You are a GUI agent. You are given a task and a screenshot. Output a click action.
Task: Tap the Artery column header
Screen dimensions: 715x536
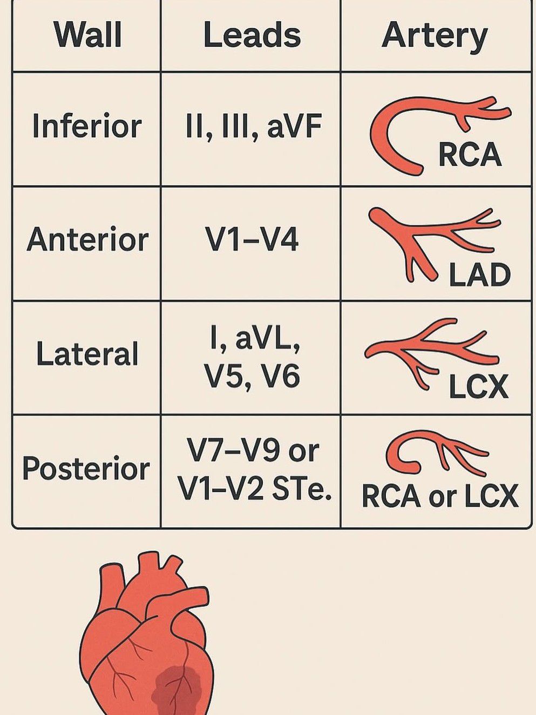pyautogui.click(x=435, y=36)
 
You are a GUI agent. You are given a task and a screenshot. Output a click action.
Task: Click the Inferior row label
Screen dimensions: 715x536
pyautogui.click(x=87, y=126)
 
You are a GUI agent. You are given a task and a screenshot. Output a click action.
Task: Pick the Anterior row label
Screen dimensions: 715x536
pyautogui.click(x=87, y=239)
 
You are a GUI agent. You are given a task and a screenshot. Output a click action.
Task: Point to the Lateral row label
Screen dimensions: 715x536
pyautogui.click(x=87, y=355)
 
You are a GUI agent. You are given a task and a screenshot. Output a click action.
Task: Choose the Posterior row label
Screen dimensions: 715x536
pyautogui.click(x=86, y=469)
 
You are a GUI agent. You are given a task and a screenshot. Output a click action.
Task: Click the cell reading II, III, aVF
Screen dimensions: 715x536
pyautogui.click(x=253, y=127)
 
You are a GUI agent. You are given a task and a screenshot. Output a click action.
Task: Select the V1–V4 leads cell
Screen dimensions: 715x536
pyautogui.click(x=252, y=239)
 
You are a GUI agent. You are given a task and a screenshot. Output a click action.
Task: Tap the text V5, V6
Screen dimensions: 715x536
pyautogui.click(x=252, y=376)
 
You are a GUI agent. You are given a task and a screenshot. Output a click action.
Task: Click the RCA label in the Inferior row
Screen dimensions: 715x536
pyautogui.click(x=470, y=155)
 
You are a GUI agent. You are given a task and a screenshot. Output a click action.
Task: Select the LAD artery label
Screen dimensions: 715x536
pyautogui.click(x=479, y=275)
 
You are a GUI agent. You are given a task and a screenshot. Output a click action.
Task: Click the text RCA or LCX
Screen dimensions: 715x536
pyautogui.click(x=439, y=496)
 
